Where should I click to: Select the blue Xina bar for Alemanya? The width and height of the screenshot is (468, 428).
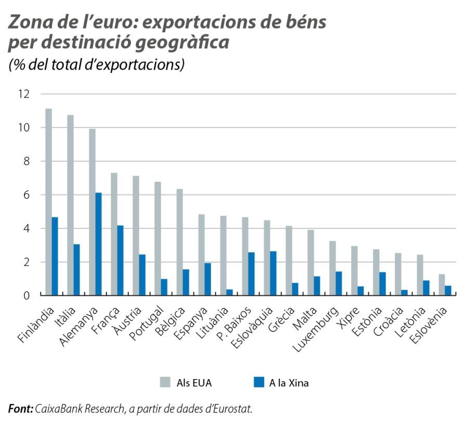[x=98, y=244]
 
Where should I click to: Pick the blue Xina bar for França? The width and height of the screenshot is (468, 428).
[x=120, y=260]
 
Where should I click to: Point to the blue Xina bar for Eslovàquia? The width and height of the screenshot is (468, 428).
[x=273, y=273]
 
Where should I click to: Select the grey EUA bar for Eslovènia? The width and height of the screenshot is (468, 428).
[x=441, y=284]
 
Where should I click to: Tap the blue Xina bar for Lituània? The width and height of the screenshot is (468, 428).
[x=229, y=292]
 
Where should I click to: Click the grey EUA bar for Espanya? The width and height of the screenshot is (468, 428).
[x=201, y=254]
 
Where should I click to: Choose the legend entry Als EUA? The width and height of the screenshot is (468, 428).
[x=186, y=383]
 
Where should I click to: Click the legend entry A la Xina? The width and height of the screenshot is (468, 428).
[x=282, y=383]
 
